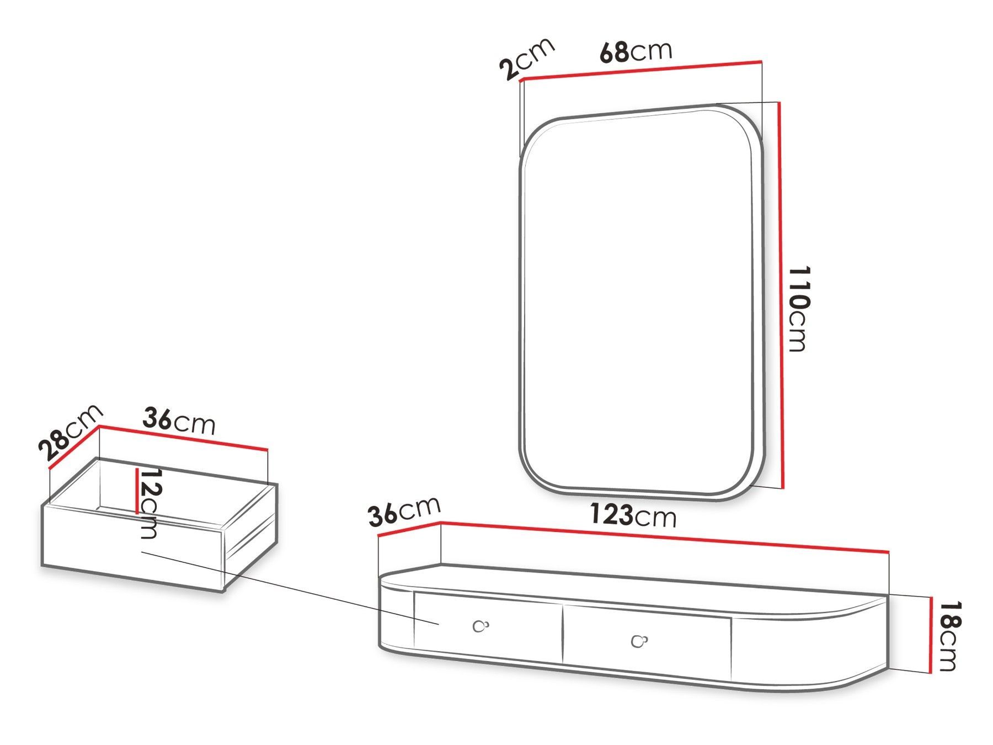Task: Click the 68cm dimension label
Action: (636, 51)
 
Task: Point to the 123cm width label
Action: (633, 515)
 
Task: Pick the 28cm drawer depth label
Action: (71, 432)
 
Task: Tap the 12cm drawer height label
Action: (149, 504)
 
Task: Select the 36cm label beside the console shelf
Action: (404, 511)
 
